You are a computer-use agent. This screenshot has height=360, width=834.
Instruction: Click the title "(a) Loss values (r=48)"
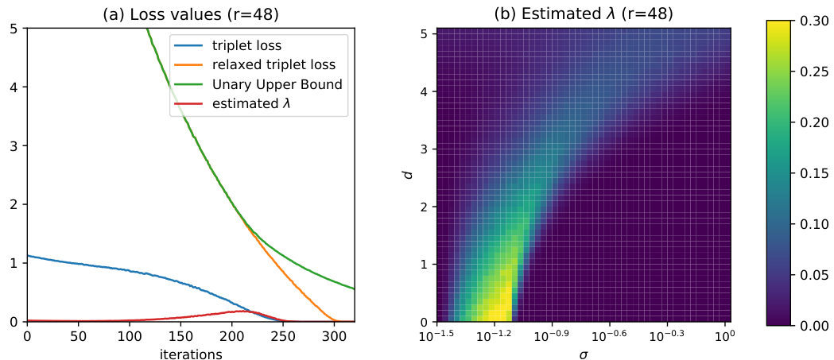[190, 14]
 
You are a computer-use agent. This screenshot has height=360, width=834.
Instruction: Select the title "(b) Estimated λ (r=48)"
[584, 14]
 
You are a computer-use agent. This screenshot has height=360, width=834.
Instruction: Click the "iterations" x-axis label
[190, 354]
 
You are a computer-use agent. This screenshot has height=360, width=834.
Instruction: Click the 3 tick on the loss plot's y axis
[15, 145]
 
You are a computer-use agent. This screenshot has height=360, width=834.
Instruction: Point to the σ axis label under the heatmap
[584, 353]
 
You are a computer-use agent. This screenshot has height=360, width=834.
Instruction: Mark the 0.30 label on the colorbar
[814, 21]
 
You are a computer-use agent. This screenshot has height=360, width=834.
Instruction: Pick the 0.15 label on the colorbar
[814, 173]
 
